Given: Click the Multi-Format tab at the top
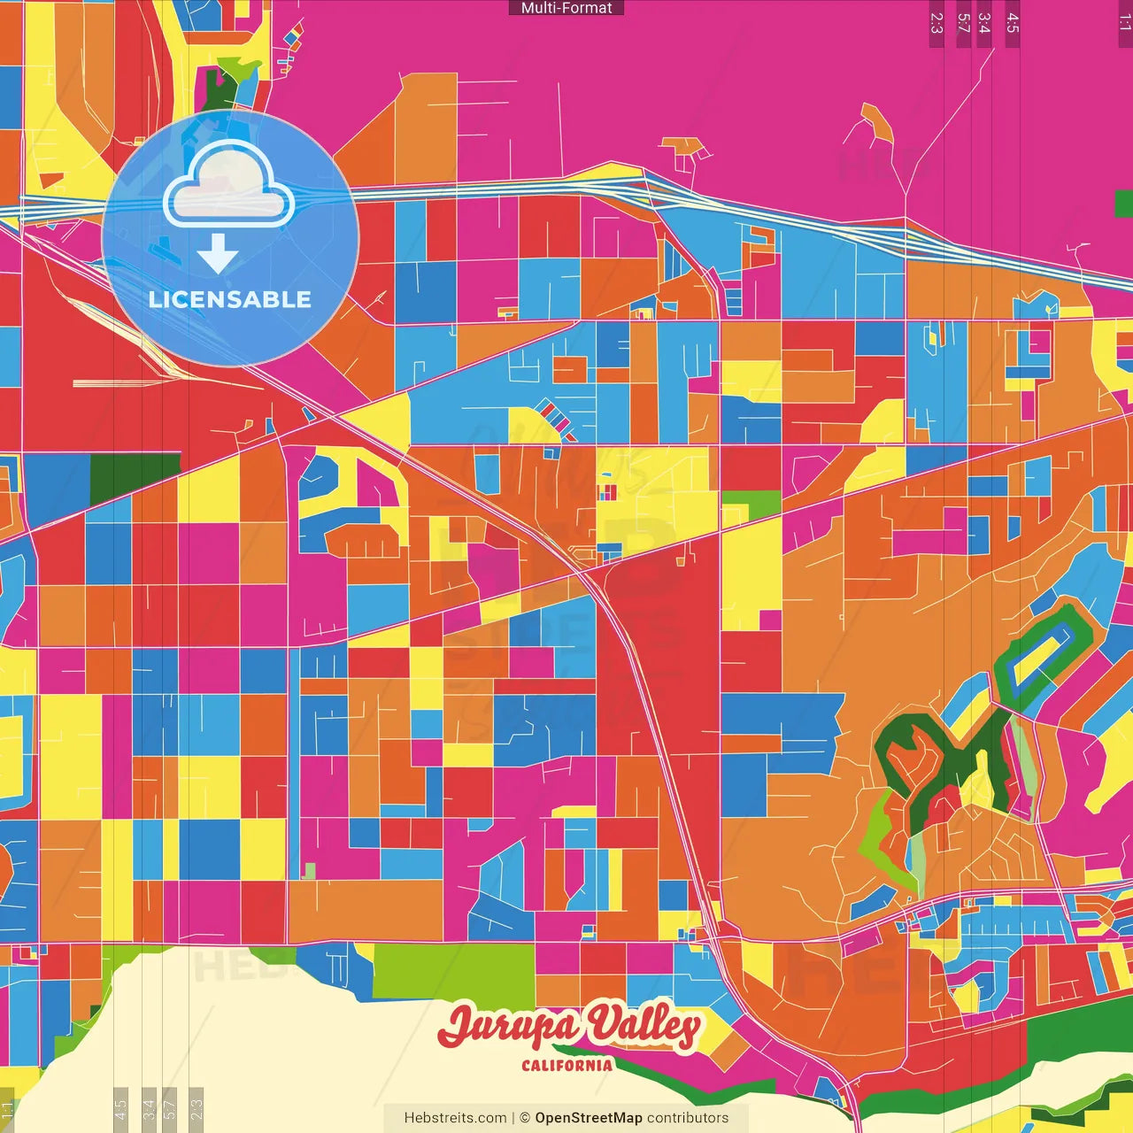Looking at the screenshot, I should (566, 8).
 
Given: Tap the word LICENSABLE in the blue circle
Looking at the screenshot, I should (229, 300).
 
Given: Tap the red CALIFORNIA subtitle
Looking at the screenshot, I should (566, 1065).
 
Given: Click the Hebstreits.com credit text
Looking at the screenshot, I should (455, 1118).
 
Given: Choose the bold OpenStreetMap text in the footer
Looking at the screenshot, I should (589, 1118).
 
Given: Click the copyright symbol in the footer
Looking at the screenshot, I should (524, 1118).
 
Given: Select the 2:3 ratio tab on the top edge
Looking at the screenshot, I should (936, 23).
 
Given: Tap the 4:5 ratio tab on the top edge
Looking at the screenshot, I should (1013, 23).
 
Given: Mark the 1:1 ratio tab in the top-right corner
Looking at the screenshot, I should (1124, 23).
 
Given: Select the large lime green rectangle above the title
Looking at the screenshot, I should (453, 971).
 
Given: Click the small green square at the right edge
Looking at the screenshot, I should (1124, 204).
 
